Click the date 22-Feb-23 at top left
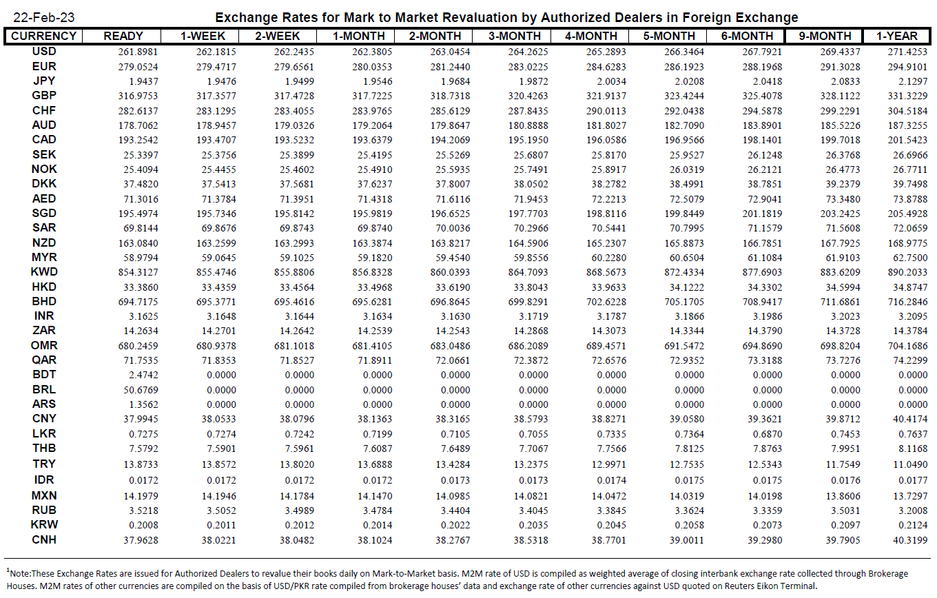(x=44, y=17)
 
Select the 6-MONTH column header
(x=747, y=36)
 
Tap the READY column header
(x=123, y=36)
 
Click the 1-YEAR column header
(x=897, y=36)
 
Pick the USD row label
(x=44, y=52)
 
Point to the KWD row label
(x=44, y=272)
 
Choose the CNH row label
(x=44, y=539)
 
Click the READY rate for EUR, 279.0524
(x=138, y=67)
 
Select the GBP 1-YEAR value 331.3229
(x=908, y=96)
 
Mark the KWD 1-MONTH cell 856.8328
(x=372, y=272)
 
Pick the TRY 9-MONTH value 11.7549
(x=843, y=464)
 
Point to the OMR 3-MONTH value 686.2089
(x=528, y=346)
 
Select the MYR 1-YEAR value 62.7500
(x=911, y=258)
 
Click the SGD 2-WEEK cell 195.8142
(x=294, y=214)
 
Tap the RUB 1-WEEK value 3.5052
(x=221, y=511)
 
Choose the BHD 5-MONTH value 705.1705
(x=684, y=302)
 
